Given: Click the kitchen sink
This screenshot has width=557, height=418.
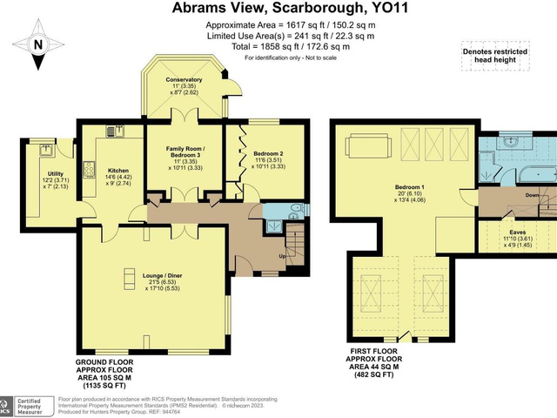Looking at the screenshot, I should pyautogui.click(x=111, y=131).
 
